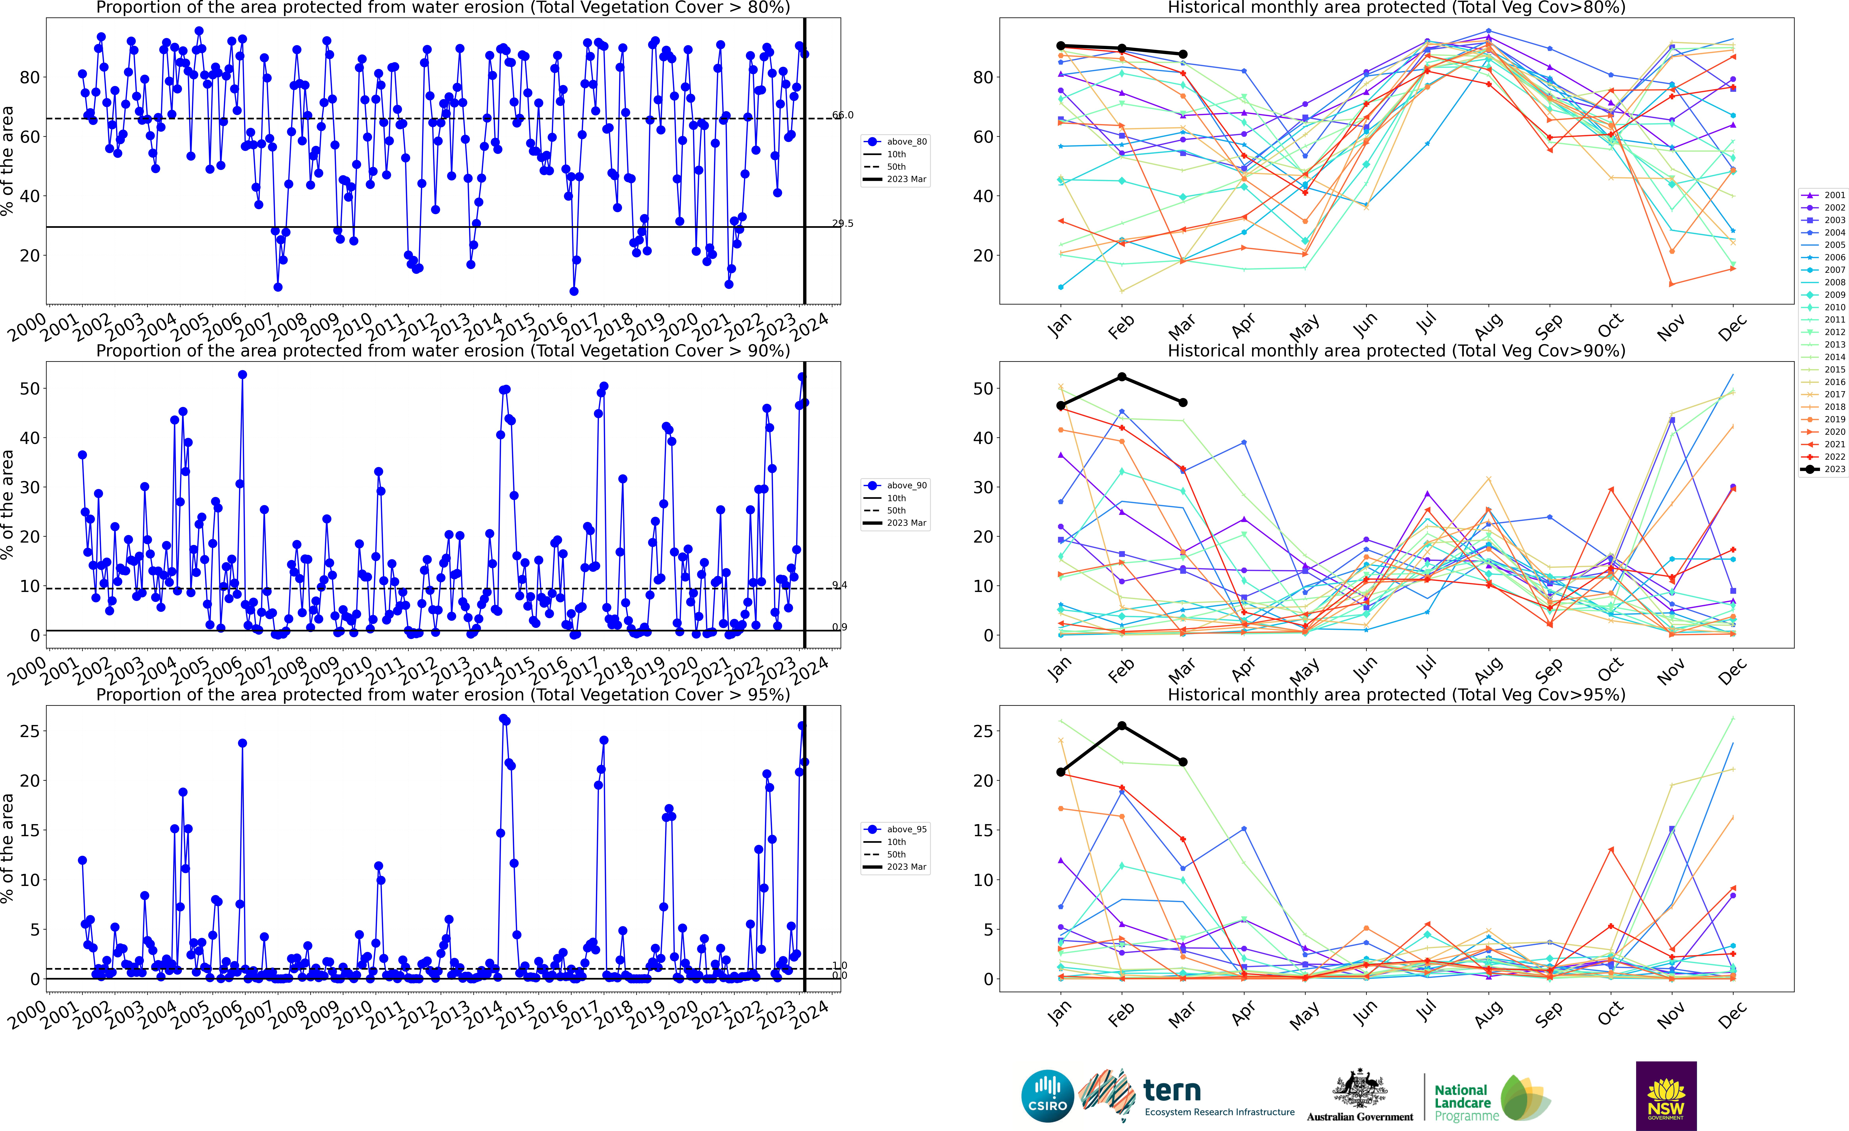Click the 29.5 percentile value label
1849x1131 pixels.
click(843, 223)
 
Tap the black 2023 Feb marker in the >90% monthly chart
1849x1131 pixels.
click(1122, 376)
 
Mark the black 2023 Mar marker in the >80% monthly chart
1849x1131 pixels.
click(1183, 54)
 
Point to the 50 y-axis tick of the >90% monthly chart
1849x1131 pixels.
click(983, 389)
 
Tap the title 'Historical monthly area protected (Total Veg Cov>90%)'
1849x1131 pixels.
click(1396, 351)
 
